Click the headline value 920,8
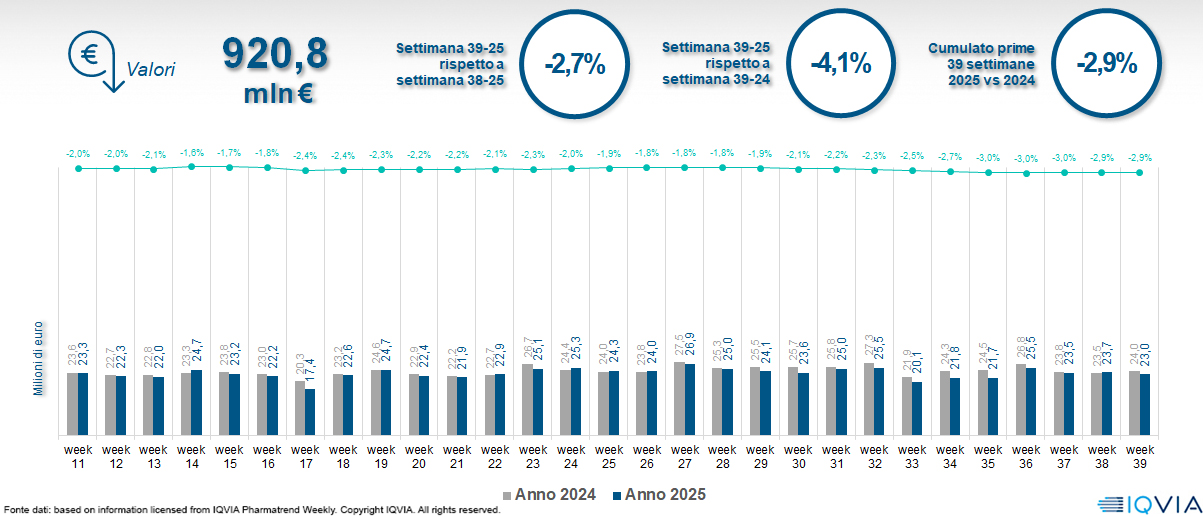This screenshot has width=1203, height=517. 274,54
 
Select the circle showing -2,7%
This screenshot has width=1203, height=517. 574,65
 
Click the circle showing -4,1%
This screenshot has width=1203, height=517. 840,65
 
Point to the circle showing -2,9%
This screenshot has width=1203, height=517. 1106,65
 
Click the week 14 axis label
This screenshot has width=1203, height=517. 192,455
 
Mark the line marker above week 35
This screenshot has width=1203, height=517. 989,172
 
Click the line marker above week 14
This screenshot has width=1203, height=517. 192,166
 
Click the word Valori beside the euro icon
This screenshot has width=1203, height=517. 151,70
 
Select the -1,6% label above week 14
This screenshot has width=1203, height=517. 192,153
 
